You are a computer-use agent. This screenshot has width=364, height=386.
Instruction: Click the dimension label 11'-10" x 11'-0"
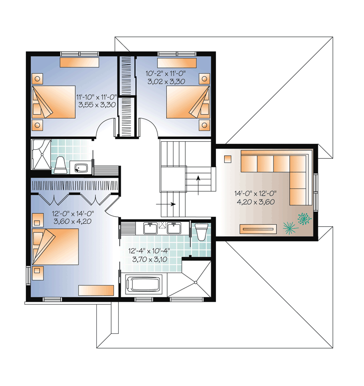point(96,97)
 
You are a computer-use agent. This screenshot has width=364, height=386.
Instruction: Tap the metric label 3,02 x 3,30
point(166,81)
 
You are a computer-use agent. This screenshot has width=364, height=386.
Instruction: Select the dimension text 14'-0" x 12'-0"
point(255,194)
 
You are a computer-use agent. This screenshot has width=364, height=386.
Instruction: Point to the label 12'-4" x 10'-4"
point(149,251)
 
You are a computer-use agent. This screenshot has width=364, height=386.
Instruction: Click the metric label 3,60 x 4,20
point(72,221)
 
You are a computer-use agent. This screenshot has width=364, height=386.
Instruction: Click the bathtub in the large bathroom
point(144,284)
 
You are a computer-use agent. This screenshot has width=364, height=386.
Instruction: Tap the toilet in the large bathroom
point(201,232)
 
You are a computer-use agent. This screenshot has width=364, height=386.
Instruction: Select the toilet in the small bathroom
point(60,165)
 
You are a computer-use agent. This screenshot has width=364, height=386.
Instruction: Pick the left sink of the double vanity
point(150,228)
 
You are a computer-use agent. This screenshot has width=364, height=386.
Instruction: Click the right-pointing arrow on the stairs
point(166,204)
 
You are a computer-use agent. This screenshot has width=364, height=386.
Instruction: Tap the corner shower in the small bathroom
point(41,154)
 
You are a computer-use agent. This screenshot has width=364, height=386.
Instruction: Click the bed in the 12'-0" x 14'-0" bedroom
point(56,247)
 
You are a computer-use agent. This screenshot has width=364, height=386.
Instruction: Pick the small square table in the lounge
point(227,159)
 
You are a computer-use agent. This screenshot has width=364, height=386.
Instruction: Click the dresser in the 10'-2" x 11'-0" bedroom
point(177,63)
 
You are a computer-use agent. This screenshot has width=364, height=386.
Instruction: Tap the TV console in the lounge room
point(258,229)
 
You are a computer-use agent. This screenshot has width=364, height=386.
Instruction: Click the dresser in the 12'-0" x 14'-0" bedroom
point(96,290)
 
